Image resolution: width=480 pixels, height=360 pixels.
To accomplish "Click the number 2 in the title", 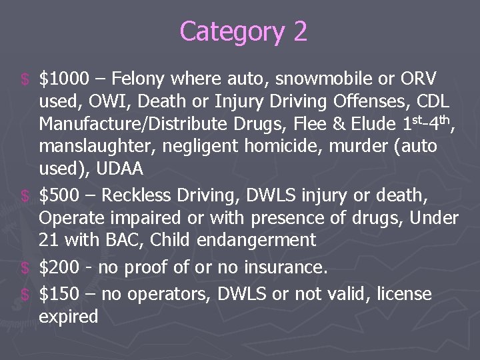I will (x=299, y=31).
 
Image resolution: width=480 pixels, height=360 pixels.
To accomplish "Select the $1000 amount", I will (x=63, y=79).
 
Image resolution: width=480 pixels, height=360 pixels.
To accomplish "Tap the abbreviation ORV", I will (x=419, y=79).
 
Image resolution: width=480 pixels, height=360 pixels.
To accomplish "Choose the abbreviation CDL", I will (x=431, y=102).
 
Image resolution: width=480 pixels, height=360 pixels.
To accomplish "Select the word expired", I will (x=69, y=317).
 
